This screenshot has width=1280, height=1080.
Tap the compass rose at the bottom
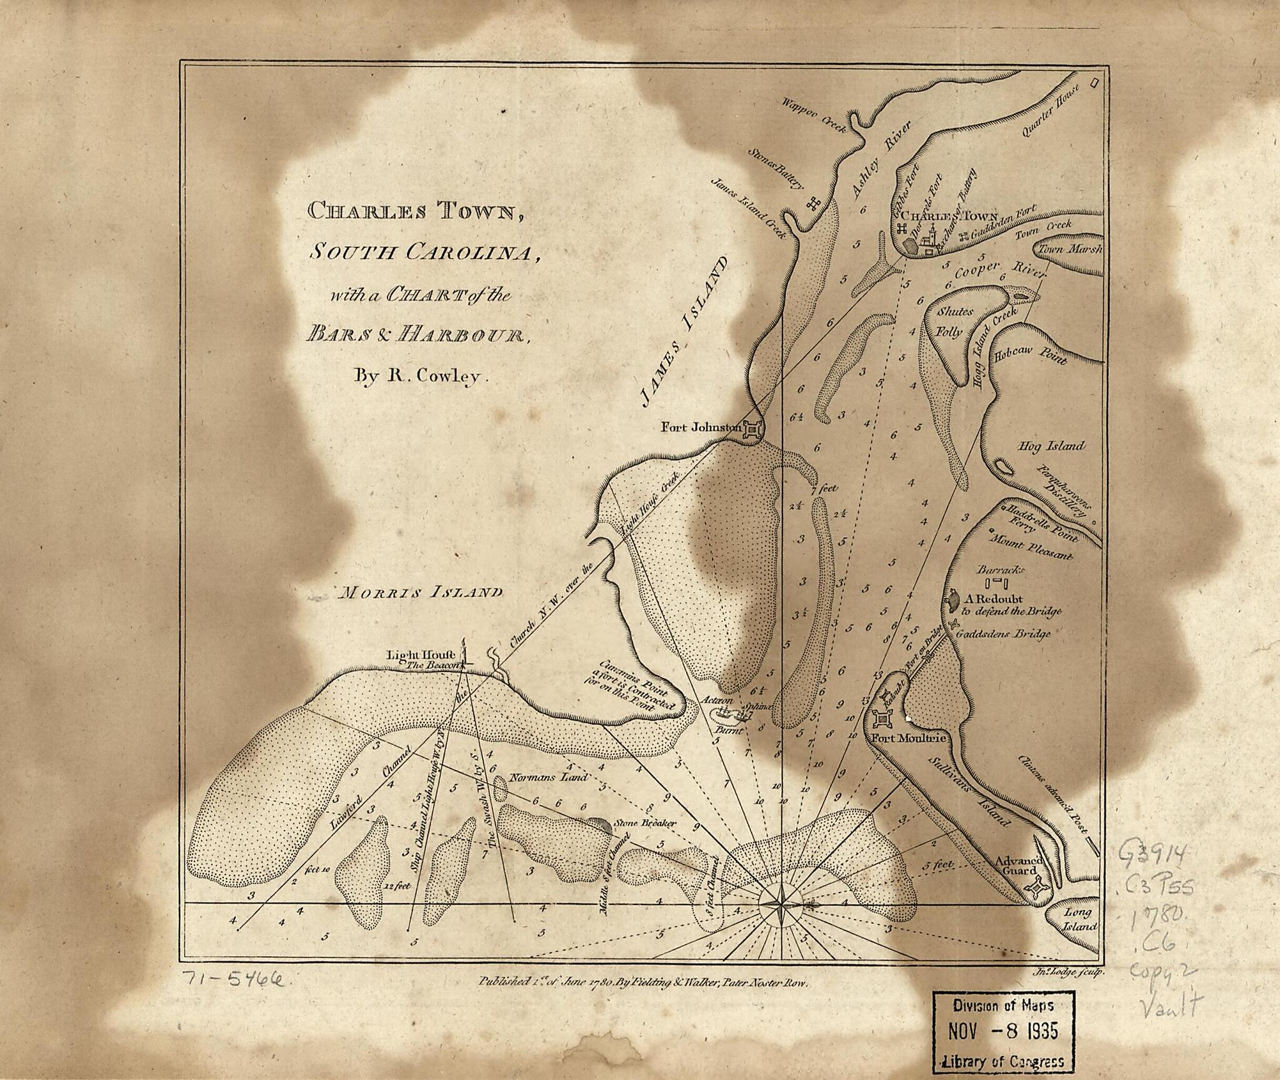coord(782,904)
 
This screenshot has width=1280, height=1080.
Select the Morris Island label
coord(419,592)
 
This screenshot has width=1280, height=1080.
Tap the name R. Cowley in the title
coord(417,376)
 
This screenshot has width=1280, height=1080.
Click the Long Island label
coord(1079,919)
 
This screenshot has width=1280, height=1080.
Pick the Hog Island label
coord(1051,446)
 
